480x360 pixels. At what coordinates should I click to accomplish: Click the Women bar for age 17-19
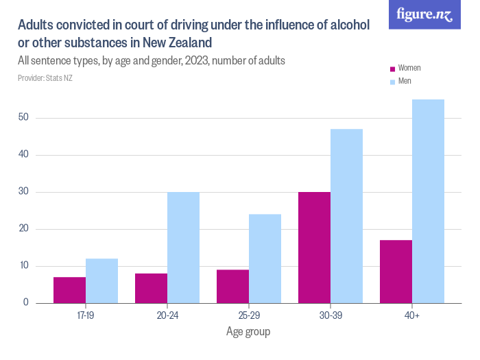69,289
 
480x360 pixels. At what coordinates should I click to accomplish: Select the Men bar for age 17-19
101,280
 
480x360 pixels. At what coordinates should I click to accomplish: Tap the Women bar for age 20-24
151,288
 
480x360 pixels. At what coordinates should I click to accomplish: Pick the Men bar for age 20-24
183,247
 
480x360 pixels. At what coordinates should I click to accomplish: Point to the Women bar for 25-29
232,286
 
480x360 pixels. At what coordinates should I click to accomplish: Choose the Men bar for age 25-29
265,258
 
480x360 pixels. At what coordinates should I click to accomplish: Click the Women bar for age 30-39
314,247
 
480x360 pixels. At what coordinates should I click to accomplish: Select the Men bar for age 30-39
346,215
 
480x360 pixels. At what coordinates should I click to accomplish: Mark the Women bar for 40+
396,271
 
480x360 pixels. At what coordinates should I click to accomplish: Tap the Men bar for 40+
428,201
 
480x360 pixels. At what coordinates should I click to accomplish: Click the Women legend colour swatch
392,69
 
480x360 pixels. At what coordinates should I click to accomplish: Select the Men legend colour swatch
392,82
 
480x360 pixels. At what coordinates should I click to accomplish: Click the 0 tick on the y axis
25,302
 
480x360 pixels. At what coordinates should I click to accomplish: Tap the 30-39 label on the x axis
330,316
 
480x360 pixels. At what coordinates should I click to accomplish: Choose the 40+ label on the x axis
411,316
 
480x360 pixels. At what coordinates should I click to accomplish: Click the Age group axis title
248,333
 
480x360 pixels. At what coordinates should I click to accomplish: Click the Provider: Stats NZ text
45,78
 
